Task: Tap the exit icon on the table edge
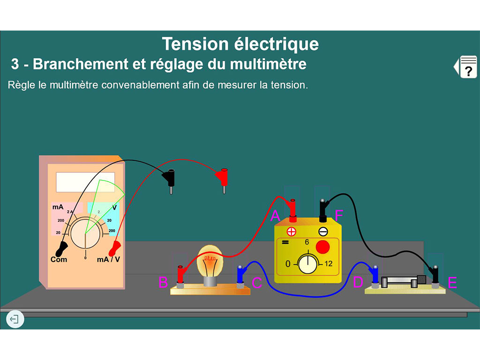(x=15, y=320)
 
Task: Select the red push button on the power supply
(x=322, y=247)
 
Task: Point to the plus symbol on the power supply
(x=292, y=231)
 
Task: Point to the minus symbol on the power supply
(x=323, y=231)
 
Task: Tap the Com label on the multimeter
(x=59, y=260)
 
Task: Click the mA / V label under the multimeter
(x=108, y=259)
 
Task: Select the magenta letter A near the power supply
(x=276, y=216)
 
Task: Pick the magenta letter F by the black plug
(x=339, y=216)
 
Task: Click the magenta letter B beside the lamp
(x=163, y=283)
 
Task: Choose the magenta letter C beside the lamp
(x=257, y=283)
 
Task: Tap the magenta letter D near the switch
(x=358, y=282)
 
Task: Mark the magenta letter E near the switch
(x=452, y=283)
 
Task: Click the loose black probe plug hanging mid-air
(x=170, y=179)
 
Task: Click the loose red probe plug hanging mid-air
(x=222, y=179)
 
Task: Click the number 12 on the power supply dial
(x=328, y=264)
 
